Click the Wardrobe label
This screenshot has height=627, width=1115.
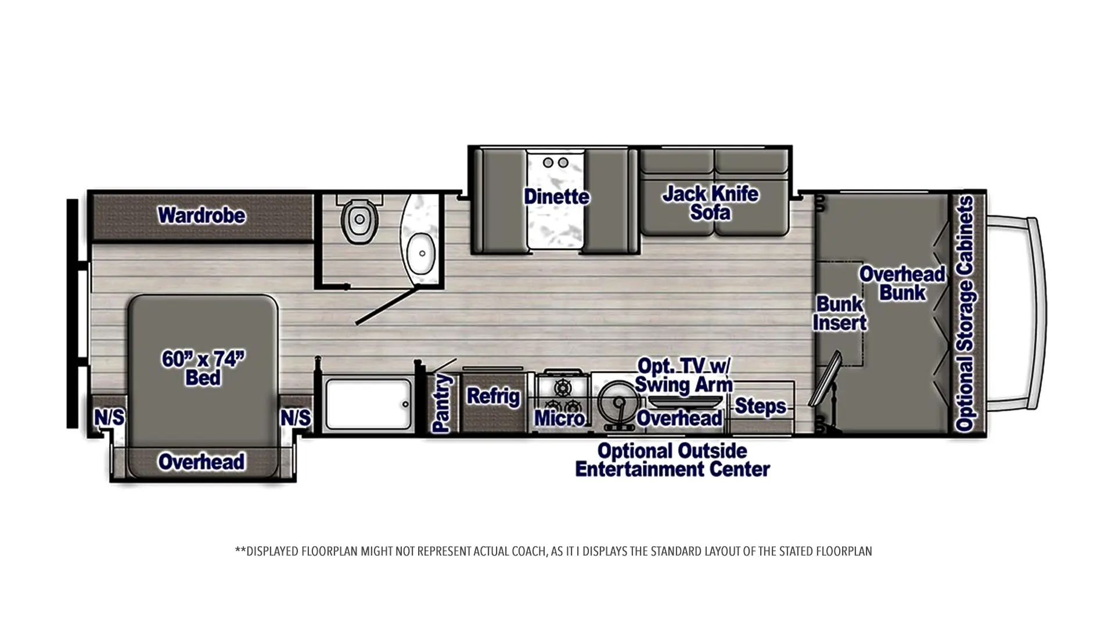click(202, 215)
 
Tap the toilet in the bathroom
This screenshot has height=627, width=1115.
click(359, 219)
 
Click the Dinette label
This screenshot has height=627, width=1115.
click(556, 196)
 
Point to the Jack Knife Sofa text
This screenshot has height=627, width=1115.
click(710, 203)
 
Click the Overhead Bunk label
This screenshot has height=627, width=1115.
click(902, 283)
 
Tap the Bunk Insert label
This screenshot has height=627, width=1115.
click(839, 313)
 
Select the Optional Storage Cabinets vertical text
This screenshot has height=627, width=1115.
click(965, 313)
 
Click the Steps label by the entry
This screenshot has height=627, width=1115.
click(760, 406)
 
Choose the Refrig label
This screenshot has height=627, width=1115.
click(493, 396)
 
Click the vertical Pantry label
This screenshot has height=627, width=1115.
click(442, 403)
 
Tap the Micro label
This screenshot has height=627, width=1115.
click(559, 417)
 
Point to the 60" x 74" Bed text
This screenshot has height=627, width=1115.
click(203, 367)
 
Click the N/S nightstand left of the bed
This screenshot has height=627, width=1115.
click(109, 417)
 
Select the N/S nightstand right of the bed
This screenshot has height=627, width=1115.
click(296, 417)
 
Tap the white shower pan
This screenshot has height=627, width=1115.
click(368, 404)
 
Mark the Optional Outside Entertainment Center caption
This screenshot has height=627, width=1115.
click(672, 459)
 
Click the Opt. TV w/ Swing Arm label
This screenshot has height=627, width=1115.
click(684, 375)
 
